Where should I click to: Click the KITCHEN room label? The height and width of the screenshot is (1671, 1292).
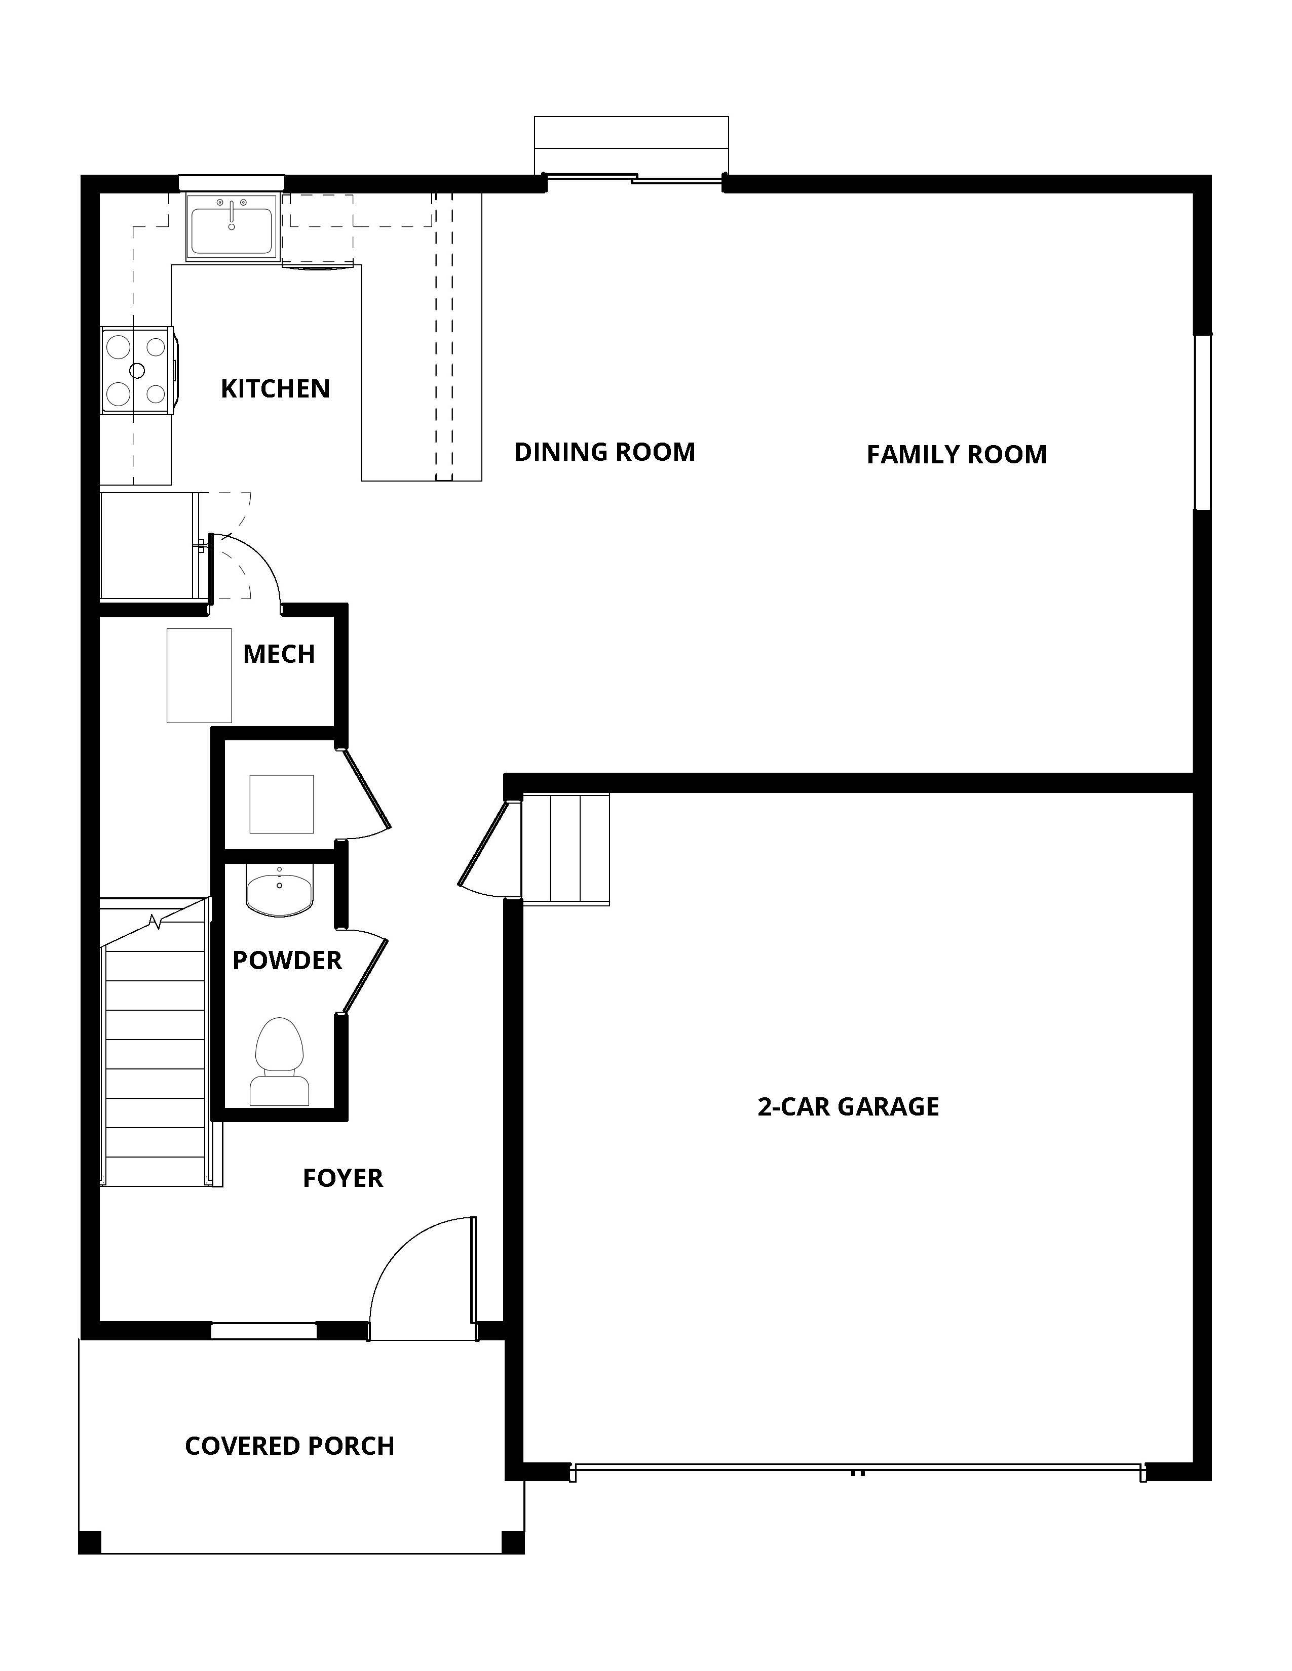(x=275, y=389)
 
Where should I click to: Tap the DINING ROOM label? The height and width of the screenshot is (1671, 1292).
(x=604, y=452)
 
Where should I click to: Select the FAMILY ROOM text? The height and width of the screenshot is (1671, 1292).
(x=956, y=455)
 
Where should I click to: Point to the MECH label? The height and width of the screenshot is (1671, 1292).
(x=279, y=654)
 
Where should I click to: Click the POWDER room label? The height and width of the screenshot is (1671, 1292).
(x=287, y=960)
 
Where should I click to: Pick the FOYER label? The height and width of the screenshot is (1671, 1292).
(x=342, y=1177)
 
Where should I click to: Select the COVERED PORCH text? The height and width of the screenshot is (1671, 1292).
(x=289, y=1446)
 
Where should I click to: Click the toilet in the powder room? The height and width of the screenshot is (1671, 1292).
(x=279, y=1063)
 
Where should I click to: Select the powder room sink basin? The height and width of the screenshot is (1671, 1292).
(x=279, y=891)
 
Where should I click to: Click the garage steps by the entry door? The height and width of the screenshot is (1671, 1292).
(x=565, y=849)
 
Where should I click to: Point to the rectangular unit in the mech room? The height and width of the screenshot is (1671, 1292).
(x=199, y=675)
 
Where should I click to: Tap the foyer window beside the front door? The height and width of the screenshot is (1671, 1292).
(x=263, y=1331)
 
